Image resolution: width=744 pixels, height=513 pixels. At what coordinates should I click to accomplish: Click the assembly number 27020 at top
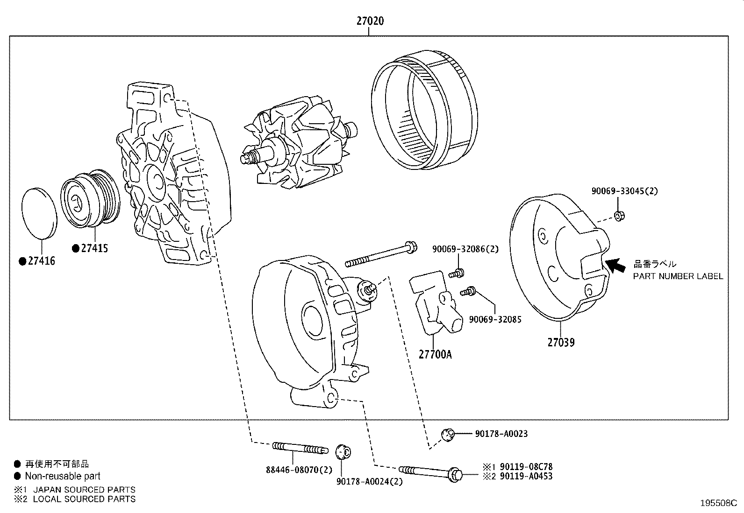coord(370,21)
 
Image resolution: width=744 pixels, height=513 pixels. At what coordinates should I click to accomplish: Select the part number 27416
coord(41,261)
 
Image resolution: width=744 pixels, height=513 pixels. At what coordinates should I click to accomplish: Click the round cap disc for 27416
coord(40,213)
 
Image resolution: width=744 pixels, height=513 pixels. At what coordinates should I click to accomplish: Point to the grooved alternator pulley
coord(91,201)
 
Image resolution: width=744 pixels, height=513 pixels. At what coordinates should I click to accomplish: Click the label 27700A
coord(435,354)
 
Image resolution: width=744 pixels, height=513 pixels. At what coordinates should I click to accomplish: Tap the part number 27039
coord(561,342)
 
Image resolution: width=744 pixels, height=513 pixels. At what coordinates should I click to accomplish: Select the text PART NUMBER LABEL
coord(678,276)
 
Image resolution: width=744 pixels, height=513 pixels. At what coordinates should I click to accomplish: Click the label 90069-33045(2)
coord(624,191)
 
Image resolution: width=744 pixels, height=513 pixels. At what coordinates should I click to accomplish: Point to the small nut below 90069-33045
coord(619,216)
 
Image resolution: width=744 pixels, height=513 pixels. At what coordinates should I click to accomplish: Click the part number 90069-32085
coord(495,319)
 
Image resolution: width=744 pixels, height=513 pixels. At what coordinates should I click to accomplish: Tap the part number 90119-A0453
coord(526,476)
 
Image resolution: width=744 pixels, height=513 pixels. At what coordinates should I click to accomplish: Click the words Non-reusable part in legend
coord(63,476)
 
